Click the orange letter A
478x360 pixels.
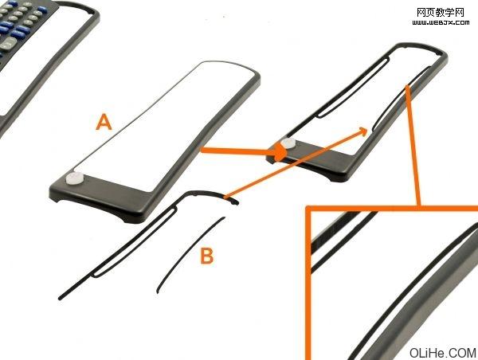pyautogui.click(x=104, y=122)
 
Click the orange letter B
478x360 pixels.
pyautogui.click(x=207, y=256)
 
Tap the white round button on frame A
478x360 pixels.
pyautogui.click(x=75, y=178)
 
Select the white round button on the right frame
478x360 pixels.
pyautogui.click(x=288, y=143)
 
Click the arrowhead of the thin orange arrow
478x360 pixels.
pyautogui.click(x=363, y=131)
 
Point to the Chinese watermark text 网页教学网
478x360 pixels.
pyautogui.click(x=441, y=13)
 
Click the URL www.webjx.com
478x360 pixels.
pyautogui.click(x=441, y=22)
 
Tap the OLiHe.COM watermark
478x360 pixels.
pyautogui.click(x=442, y=353)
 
